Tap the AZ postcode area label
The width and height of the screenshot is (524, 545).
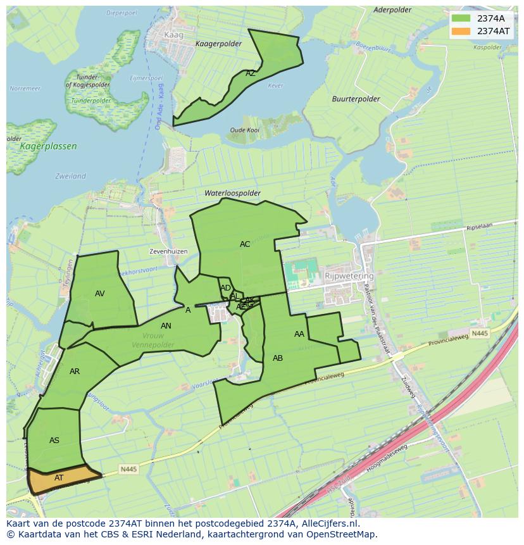(251, 73)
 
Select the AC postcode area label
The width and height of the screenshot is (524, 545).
(245, 244)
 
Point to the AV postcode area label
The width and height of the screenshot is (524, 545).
(99, 294)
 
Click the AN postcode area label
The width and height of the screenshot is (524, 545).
(166, 326)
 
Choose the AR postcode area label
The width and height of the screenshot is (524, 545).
(75, 372)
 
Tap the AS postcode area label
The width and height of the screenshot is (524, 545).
(54, 441)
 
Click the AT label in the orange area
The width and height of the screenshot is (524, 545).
(59, 478)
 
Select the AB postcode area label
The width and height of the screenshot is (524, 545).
(278, 358)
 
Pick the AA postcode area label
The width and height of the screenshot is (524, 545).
(299, 334)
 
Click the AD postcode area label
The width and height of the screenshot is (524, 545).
(225, 288)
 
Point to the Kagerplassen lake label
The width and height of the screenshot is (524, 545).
(48, 146)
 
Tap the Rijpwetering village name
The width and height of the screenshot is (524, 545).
(349, 276)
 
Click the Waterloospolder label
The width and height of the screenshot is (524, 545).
(232, 193)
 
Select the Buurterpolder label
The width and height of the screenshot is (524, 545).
(356, 99)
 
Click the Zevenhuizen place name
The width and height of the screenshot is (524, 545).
(168, 251)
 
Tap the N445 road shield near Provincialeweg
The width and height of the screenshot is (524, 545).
(480, 333)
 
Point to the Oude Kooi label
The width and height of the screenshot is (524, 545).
(244, 130)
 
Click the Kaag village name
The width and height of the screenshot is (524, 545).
(173, 35)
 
